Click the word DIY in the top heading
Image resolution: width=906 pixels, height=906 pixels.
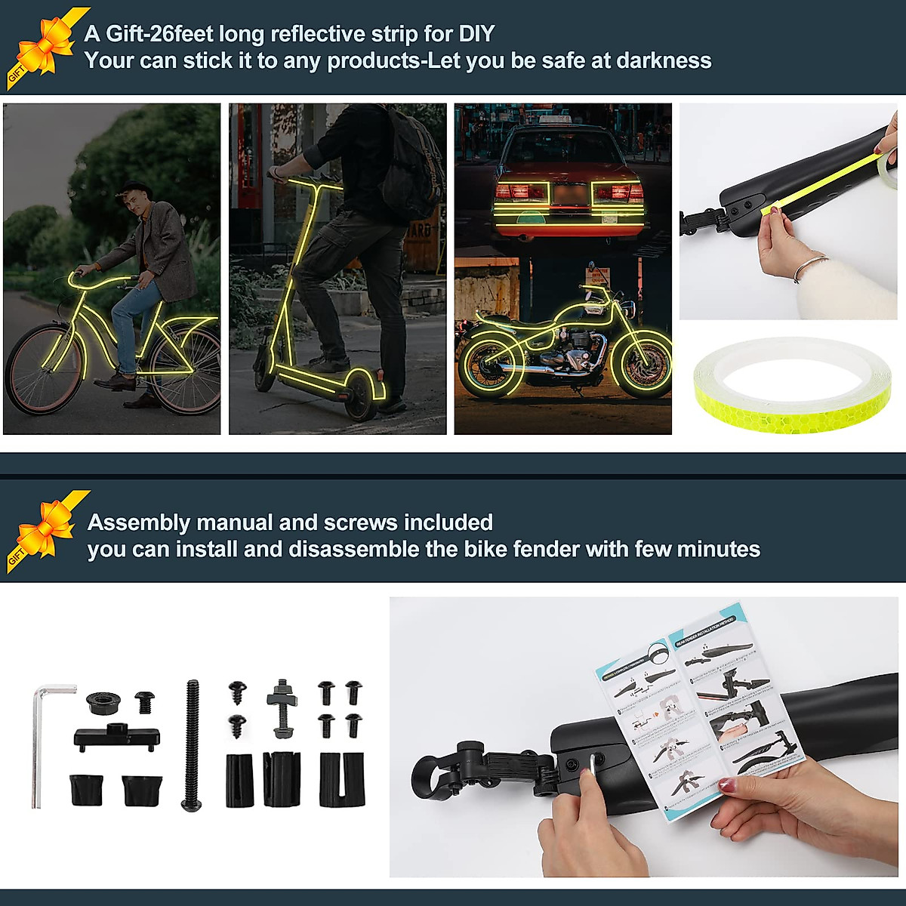coord(476,34)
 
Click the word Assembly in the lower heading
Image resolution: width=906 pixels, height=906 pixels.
coord(138,522)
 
